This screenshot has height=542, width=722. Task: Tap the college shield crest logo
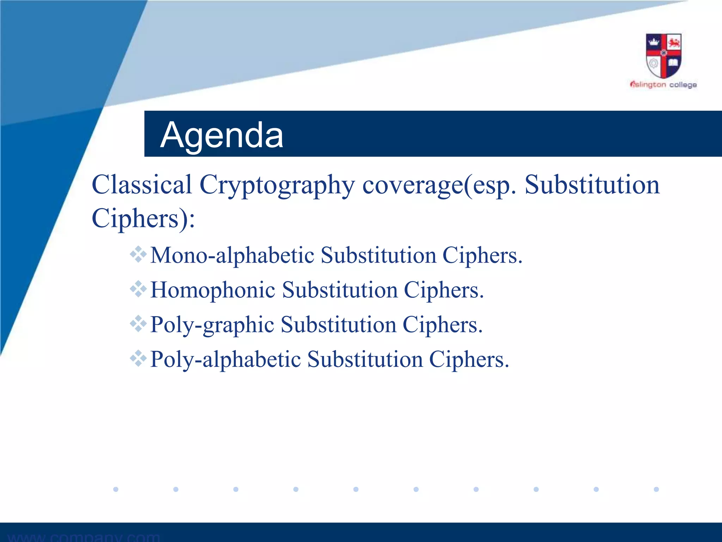(663, 56)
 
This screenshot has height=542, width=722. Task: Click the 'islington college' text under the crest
(663, 85)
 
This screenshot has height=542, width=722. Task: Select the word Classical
(142, 185)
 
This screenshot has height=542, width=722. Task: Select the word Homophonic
(213, 290)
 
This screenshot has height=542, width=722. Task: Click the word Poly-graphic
(212, 325)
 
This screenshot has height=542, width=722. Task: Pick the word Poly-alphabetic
(225, 360)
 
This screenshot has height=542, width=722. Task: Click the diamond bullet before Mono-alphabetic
(138, 254)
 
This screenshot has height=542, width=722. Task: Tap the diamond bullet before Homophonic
(138, 289)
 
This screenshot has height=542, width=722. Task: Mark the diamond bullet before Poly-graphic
(138, 324)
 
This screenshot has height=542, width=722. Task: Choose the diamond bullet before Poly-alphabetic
(138, 358)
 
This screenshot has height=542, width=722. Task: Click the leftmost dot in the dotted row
(116, 489)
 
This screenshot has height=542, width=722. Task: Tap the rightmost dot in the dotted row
(656, 489)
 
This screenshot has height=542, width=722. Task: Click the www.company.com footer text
(84, 537)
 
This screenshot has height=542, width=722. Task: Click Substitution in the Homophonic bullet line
(340, 290)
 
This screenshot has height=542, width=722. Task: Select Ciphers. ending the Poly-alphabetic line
(469, 360)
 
